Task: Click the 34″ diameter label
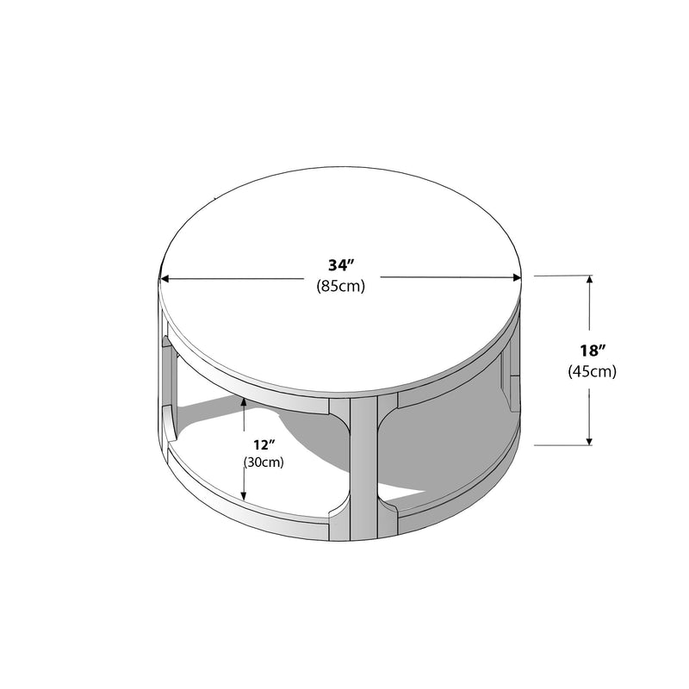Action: (x=341, y=265)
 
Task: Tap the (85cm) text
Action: (x=340, y=286)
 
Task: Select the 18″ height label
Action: (x=593, y=351)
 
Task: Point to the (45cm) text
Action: (x=593, y=371)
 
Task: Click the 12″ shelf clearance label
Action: (x=264, y=445)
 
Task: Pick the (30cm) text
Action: (x=264, y=462)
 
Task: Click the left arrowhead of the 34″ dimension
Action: (x=165, y=278)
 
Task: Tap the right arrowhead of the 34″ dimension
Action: (x=516, y=277)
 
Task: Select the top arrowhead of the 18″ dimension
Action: (x=590, y=280)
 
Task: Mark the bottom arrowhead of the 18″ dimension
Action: (x=590, y=440)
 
